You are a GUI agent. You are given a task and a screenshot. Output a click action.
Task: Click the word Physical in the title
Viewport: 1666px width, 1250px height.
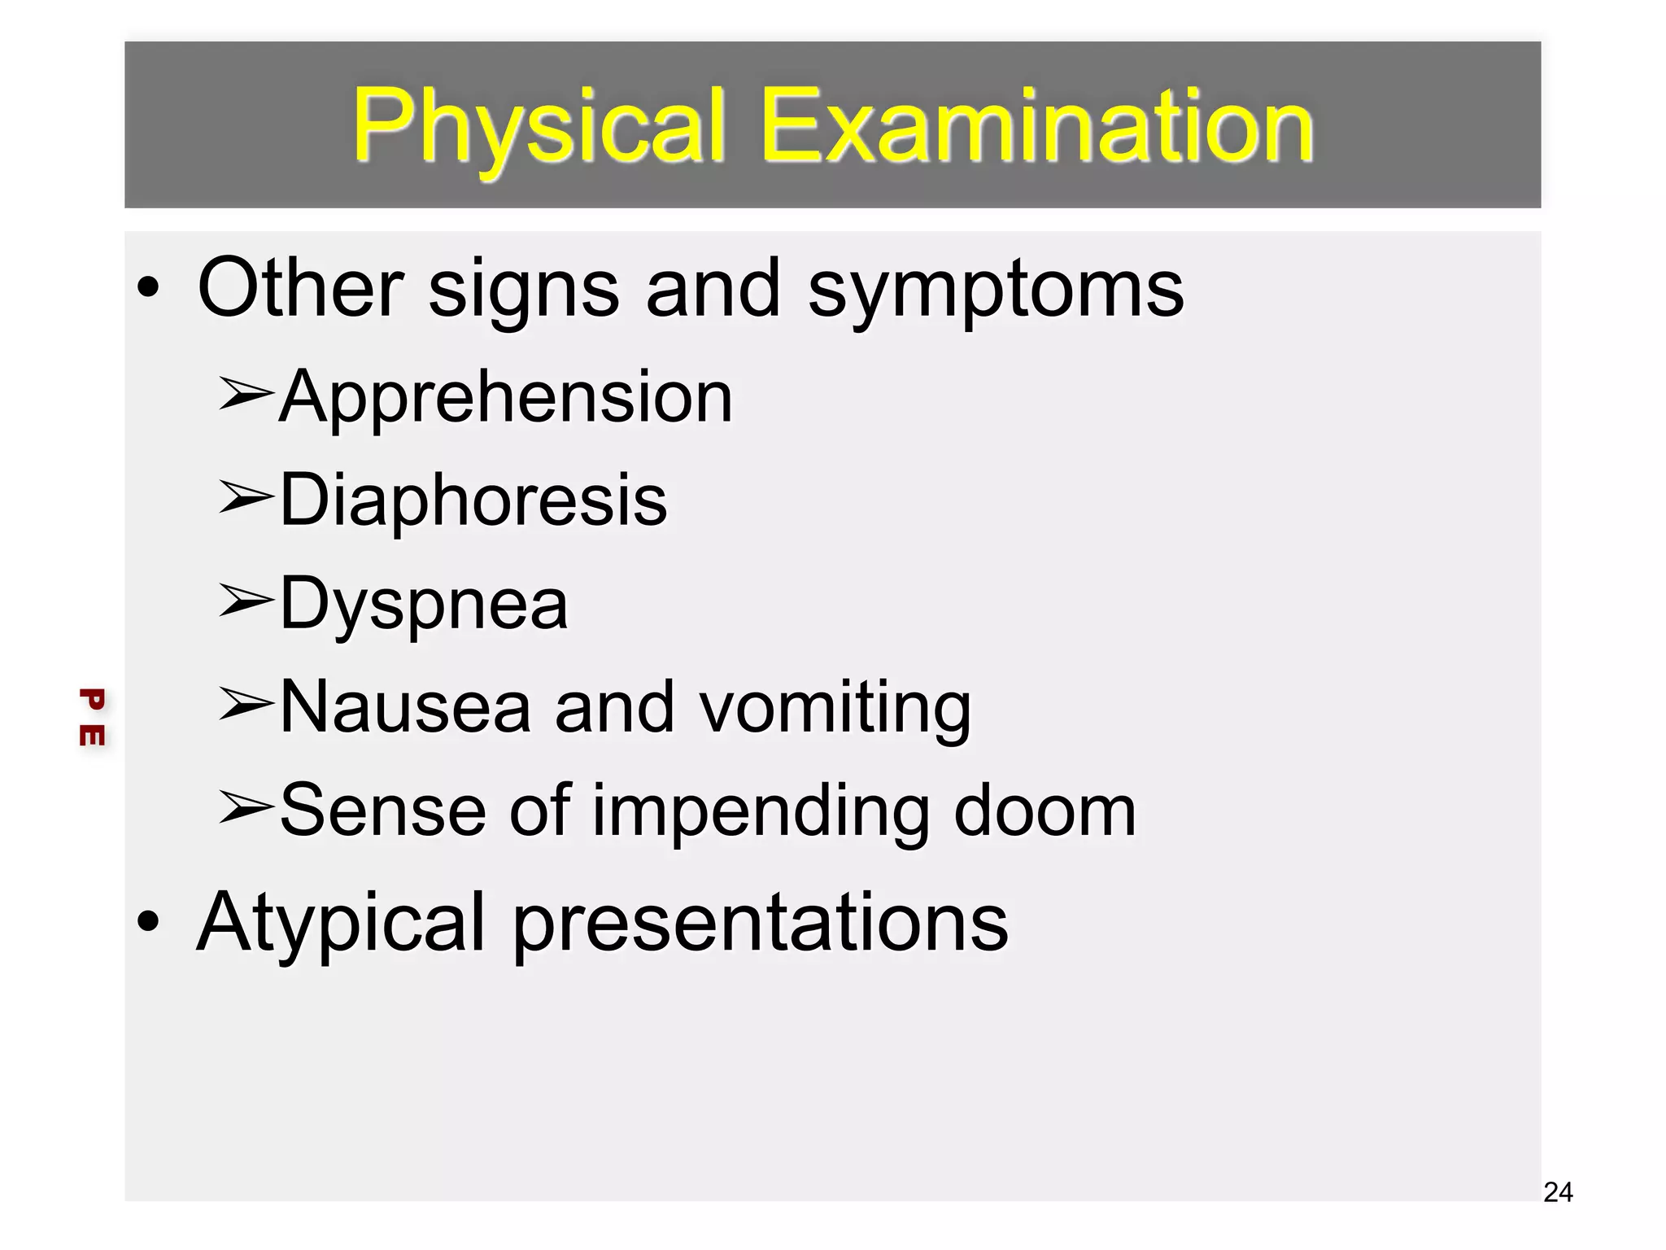tap(537, 126)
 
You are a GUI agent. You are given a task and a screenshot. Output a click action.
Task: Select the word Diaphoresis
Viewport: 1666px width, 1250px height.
tap(473, 500)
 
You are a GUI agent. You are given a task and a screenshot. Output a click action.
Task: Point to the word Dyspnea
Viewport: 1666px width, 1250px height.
tap(423, 604)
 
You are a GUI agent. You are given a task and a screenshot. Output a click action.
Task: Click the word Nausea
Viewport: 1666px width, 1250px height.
tap(405, 707)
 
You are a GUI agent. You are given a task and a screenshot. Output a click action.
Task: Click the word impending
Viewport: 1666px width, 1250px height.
tap(761, 811)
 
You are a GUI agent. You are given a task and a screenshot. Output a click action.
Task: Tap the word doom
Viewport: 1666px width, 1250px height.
tap(1045, 811)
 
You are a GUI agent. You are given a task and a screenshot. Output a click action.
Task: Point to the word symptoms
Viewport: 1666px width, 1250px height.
tap(996, 288)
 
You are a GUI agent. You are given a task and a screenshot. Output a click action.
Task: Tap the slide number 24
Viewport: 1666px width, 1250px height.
tap(1558, 1192)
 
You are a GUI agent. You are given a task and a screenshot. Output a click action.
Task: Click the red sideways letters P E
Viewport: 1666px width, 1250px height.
tap(92, 717)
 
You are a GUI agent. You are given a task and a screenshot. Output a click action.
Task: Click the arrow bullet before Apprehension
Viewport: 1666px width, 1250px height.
tap(245, 395)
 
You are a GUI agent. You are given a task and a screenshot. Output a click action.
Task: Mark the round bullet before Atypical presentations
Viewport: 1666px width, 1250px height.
tap(148, 921)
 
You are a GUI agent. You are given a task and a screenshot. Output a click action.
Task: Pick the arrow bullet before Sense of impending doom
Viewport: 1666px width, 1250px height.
tap(245, 808)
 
